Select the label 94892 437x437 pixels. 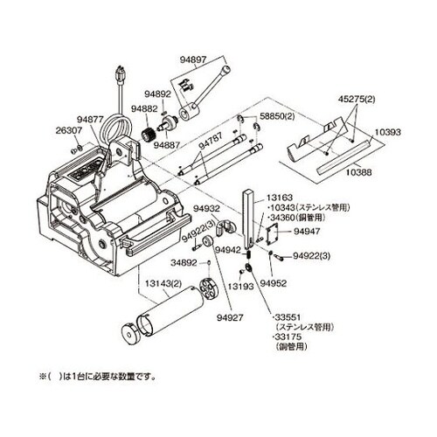pyautogui.click(x=157, y=93)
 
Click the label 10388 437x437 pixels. pyautogui.click(x=358, y=172)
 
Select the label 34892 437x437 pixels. pyautogui.click(x=185, y=261)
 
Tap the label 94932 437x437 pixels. pyautogui.click(x=207, y=210)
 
